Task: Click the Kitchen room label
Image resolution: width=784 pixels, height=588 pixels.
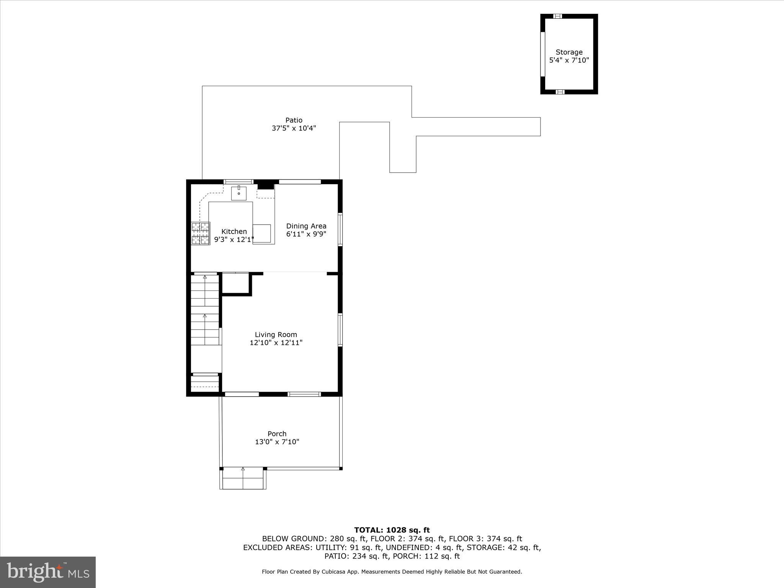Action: coord(234,232)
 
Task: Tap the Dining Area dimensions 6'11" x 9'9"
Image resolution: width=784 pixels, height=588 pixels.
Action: coord(306,234)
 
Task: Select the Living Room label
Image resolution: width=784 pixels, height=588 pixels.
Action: coord(276,335)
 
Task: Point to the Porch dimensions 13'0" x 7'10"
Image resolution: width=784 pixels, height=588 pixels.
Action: coord(277,442)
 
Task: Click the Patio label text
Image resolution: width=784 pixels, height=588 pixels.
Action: coord(294,120)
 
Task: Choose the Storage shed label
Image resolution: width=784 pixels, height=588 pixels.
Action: coord(569,52)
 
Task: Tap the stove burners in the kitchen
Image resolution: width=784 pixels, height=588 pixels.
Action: coord(201,234)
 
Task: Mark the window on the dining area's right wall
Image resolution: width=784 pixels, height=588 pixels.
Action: coord(340,229)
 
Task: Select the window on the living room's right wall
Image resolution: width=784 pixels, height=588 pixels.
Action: coord(340,330)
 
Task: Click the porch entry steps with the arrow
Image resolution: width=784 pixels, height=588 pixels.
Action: coord(243,478)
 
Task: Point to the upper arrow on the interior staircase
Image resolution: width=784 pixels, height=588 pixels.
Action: coord(205,277)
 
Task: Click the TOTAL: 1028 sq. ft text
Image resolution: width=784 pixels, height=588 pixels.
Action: coord(392,530)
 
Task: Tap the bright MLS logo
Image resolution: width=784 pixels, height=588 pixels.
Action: coord(48,572)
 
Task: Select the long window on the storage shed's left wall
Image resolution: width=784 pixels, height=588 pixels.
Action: coord(542,54)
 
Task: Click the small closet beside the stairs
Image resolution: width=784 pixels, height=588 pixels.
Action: coord(235,283)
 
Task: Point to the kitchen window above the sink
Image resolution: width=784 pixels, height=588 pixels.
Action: coord(238,182)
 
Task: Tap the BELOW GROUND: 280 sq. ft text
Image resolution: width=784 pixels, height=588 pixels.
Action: coord(314,539)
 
